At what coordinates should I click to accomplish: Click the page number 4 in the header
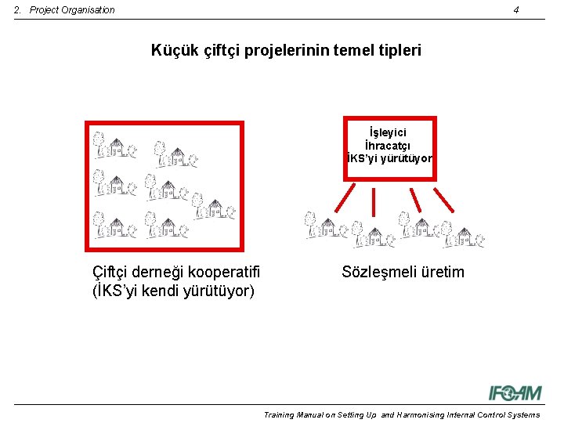[x=516, y=10]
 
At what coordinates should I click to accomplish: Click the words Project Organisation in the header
[x=72, y=10]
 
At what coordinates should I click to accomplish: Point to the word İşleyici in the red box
[x=389, y=133]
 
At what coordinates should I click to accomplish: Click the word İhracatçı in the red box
[x=389, y=146]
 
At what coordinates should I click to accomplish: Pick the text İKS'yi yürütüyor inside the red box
[x=389, y=158]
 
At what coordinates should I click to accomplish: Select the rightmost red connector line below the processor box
[x=444, y=199]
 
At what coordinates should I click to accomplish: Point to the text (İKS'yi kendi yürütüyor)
[x=173, y=291]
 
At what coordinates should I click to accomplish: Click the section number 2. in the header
[x=19, y=10]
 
